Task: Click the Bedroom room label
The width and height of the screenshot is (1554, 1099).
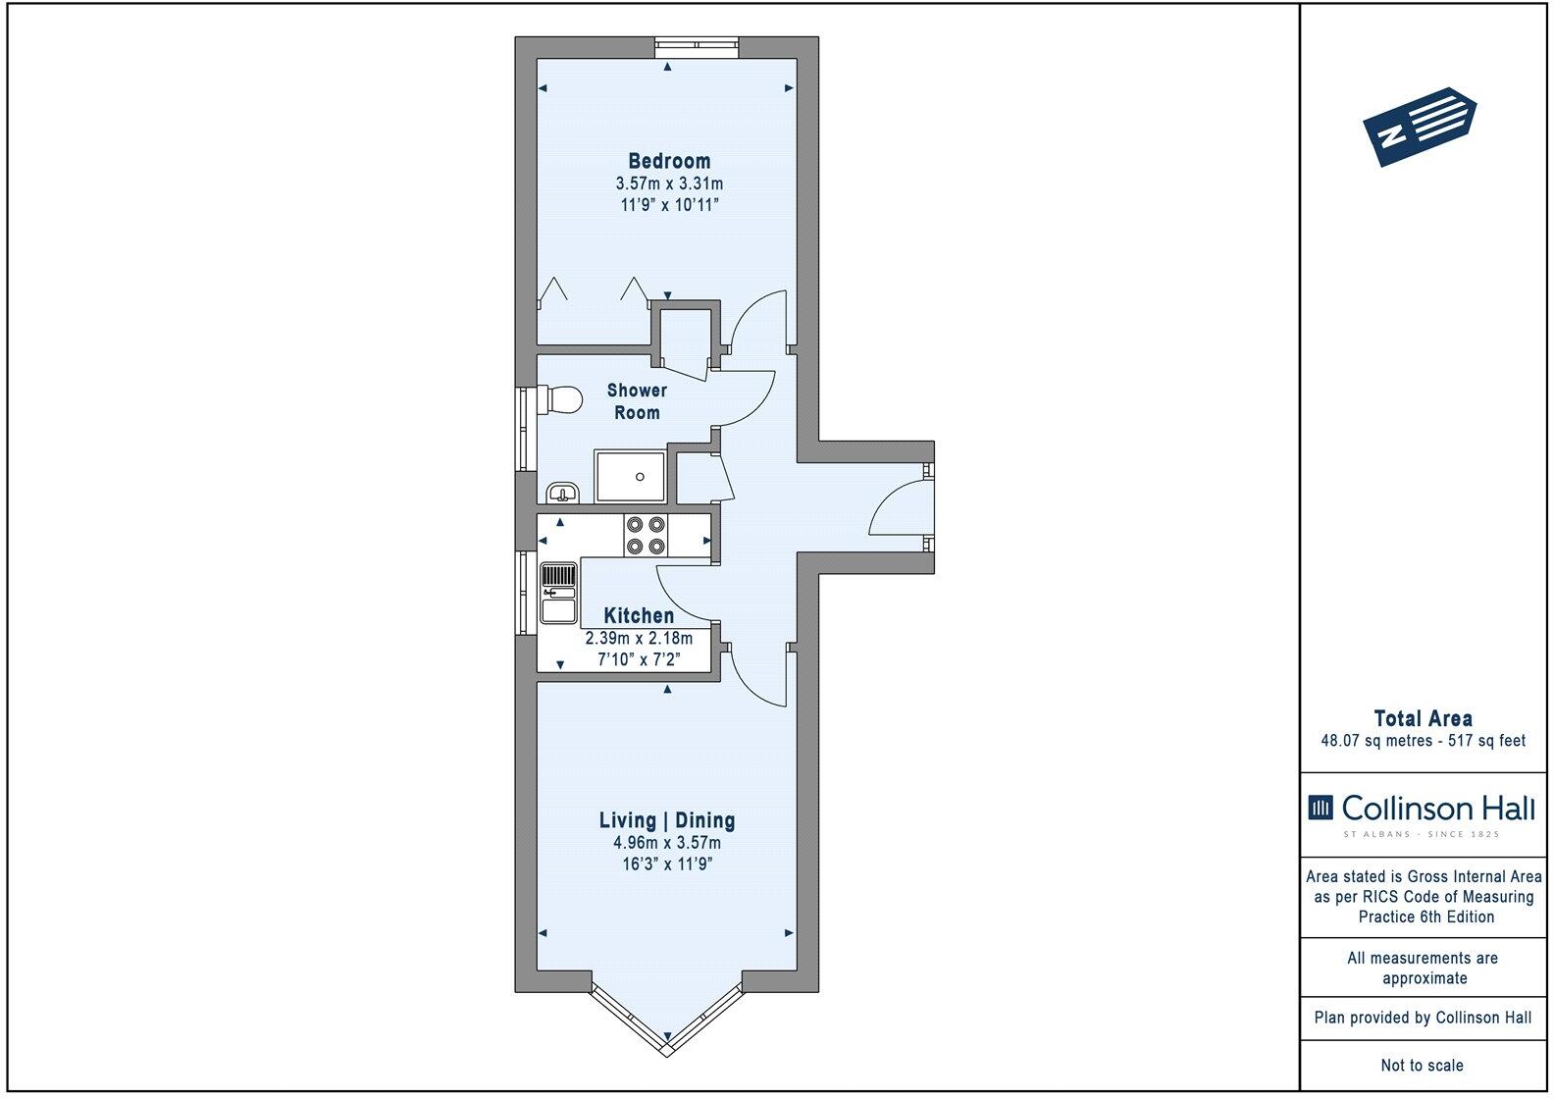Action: (669, 161)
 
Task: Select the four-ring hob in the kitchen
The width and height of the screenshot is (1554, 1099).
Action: (646, 536)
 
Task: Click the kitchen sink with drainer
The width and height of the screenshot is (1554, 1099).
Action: (558, 593)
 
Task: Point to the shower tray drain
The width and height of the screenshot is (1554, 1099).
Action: (640, 477)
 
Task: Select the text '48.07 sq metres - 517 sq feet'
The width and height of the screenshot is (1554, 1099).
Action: (1423, 741)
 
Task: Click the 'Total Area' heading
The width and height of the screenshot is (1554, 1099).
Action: (1423, 718)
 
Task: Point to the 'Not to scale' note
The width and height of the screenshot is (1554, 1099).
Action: (1422, 1065)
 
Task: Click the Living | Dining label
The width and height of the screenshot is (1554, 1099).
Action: (667, 820)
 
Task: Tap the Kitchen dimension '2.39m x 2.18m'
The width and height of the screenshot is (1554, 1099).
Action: (639, 639)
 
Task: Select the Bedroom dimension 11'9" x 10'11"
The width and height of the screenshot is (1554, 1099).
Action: (669, 205)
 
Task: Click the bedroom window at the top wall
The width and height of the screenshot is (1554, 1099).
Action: (698, 42)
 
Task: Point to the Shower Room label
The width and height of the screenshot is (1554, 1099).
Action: (637, 401)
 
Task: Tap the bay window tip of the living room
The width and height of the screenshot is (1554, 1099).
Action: (667, 1052)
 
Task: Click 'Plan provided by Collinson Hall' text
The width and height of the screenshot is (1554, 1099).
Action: (1423, 1018)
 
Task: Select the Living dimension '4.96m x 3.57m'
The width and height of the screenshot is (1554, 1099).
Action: (667, 843)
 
